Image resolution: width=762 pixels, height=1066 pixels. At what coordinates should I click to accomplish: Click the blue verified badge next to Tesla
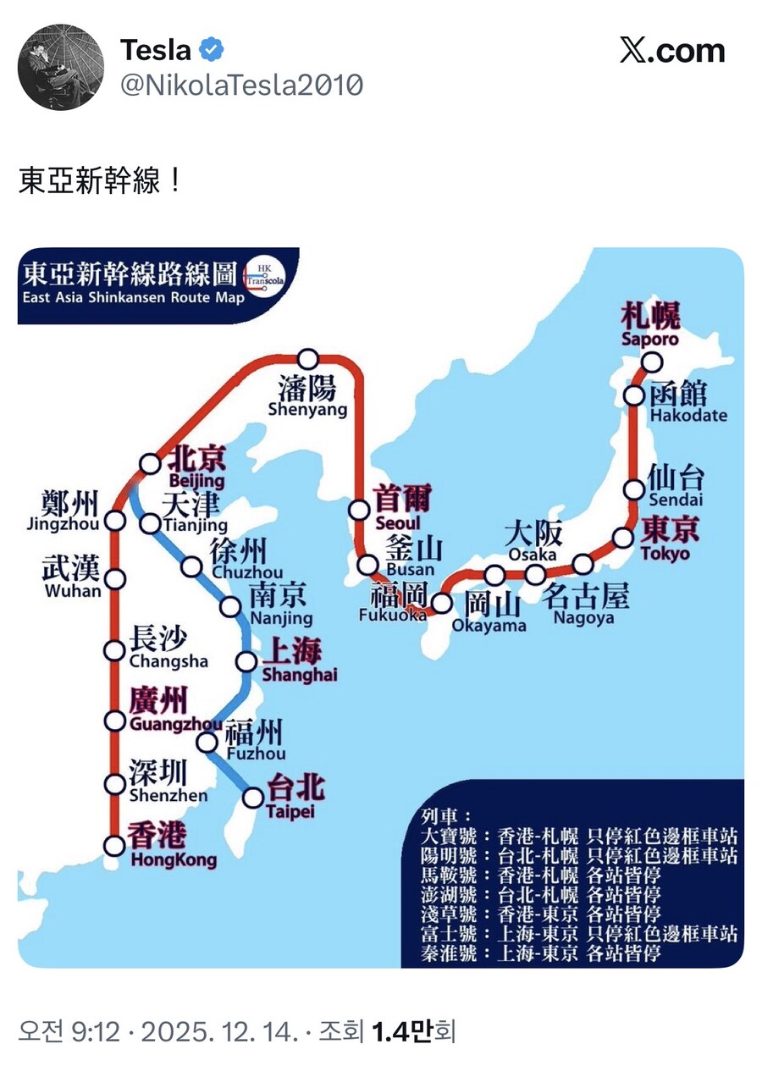coord(211,51)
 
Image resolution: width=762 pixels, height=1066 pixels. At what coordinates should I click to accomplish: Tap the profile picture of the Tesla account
coord(60,67)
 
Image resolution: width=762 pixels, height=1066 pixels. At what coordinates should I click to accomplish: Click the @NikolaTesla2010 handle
coord(242,86)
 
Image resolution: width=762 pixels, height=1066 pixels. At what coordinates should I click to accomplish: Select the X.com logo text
coord(673,51)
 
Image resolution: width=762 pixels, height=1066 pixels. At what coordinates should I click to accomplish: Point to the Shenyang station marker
coord(308,359)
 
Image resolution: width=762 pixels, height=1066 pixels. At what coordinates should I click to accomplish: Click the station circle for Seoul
coord(360,510)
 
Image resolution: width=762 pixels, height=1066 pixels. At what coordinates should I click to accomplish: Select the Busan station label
coord(410,570)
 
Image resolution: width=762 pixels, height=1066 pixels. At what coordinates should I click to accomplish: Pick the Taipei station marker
coord(252,797)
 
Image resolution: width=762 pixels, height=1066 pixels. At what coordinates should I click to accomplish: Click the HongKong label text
coord(173,860)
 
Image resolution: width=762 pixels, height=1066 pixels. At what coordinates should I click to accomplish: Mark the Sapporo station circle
coord(651,362)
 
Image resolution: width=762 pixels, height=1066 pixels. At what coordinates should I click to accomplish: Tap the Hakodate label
coord(688,416)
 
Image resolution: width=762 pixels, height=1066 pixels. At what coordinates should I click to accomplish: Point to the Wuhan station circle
coord(115,579)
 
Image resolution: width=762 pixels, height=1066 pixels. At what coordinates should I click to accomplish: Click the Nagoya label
coord(584,618)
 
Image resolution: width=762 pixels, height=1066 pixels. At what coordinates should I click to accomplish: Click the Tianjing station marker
coord(150,523)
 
